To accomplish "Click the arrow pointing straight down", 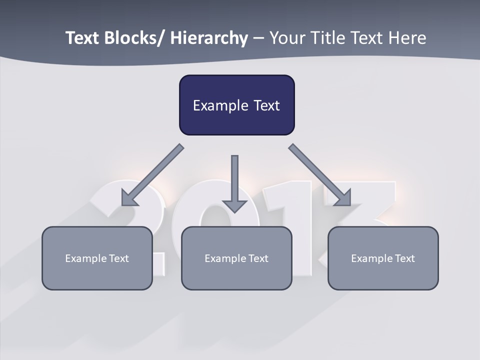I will (x=234, y=180).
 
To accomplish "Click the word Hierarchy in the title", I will (x=209, y=38).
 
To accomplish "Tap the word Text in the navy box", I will (x=266, y=105).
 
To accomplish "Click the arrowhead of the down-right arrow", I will (x=343, y=198).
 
